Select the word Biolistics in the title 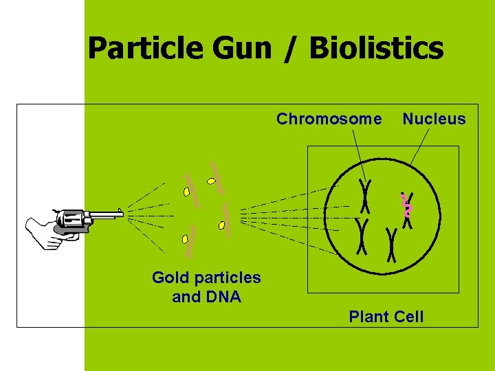376,49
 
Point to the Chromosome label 329,120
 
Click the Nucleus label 434,120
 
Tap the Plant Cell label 386,317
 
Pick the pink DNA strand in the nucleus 406,205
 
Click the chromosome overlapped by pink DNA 408,210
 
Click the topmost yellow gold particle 213,182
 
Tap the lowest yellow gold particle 185,239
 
